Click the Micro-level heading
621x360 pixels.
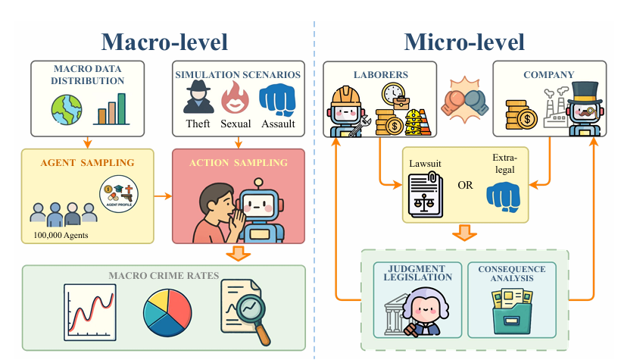pos(464,40)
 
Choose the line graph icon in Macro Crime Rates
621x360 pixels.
pos(89,309)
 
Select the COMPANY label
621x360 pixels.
pos(548,75)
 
